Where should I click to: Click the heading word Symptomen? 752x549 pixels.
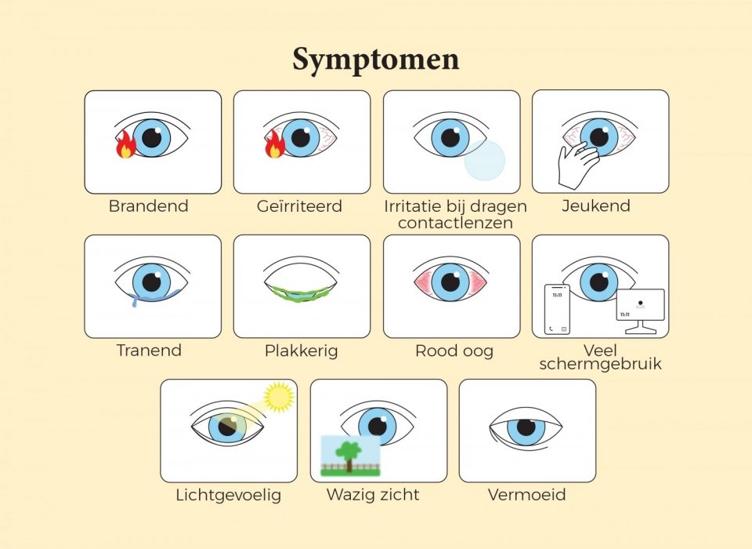376,60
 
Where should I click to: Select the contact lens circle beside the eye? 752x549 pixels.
486,160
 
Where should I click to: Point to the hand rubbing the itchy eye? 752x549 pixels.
575,165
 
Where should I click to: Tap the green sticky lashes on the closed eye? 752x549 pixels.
302,295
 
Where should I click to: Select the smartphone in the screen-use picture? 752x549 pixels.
558,308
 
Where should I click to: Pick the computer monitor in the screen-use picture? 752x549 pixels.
640,307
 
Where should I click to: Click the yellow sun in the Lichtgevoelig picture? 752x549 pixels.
278,397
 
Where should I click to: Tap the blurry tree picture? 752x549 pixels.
350,456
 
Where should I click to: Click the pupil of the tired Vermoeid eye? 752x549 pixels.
526,428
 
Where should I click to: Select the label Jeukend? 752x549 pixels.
596,206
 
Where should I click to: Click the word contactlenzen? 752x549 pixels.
455,223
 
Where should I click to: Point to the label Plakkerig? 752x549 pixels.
302,351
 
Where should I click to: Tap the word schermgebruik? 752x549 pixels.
601,364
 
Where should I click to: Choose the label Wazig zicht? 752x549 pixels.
373,495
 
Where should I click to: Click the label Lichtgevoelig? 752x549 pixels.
229,496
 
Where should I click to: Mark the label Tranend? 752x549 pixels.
149,351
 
